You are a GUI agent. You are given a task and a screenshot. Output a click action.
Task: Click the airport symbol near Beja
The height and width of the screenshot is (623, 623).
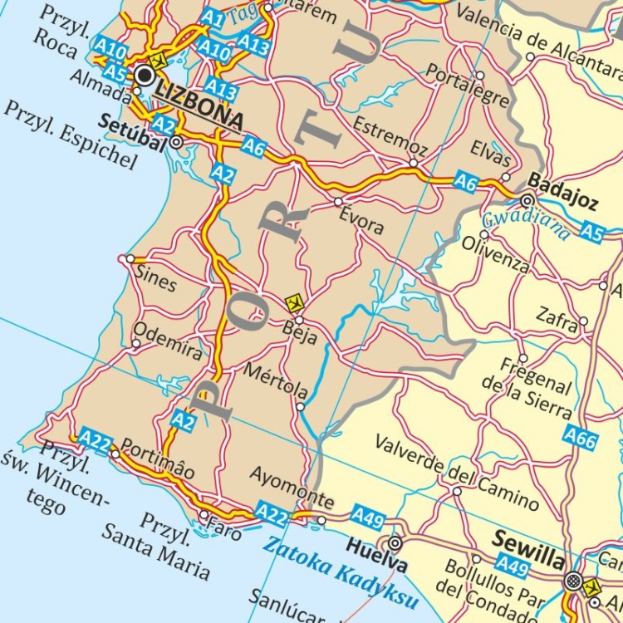coord(292,302)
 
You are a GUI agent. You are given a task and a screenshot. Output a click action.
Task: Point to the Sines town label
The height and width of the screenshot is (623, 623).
coord(155,280)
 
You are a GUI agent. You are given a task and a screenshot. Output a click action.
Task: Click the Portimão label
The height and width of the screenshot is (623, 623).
coord(158,459)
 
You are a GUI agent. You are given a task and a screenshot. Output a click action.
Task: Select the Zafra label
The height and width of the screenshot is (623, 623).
coord(556,321)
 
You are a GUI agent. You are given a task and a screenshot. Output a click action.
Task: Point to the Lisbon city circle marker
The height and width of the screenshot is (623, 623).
coord(146,76)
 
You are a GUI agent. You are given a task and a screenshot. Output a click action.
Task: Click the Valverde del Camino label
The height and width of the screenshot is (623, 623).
coord(456,471)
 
